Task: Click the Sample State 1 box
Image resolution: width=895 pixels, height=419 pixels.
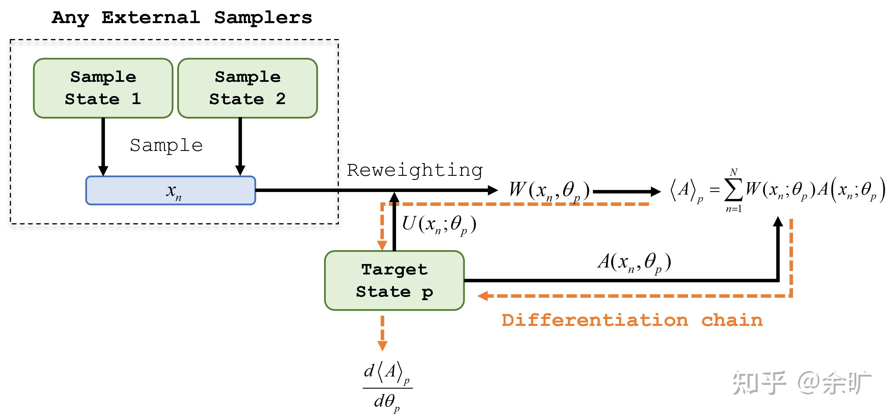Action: coord(103,88)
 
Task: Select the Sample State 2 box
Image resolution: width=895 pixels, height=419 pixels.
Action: coord(247,88)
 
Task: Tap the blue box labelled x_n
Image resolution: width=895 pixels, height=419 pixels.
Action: coord(171,190)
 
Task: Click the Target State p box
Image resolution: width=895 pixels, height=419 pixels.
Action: coord(394,280)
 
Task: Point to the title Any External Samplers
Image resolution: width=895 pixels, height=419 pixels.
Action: coord(182,17)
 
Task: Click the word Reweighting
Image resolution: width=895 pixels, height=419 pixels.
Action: coord(415,170)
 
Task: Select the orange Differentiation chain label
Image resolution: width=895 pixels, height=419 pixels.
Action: coord(632,320)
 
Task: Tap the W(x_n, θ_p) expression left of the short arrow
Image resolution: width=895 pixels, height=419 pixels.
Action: coord(549,191)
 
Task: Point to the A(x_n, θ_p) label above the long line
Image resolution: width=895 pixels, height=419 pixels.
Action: coord(634,262)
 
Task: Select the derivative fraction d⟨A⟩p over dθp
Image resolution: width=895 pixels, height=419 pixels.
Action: coord(387,387)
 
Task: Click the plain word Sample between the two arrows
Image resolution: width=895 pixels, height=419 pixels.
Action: coord(166,145)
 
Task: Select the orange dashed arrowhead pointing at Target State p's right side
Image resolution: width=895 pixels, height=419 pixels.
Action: coord(483,296)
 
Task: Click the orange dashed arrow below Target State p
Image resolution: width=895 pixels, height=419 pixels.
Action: coord(382,333)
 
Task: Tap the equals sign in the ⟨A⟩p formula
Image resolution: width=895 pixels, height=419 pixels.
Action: coord(714,190)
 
